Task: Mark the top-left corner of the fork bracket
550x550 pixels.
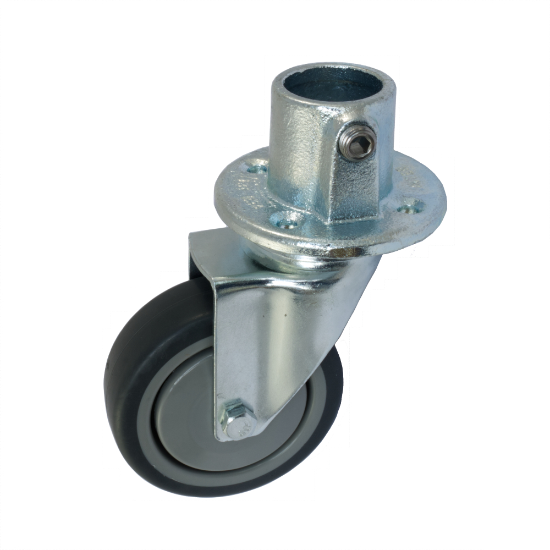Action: coord(191,235)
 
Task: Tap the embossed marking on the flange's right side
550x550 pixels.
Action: coord(407,176)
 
